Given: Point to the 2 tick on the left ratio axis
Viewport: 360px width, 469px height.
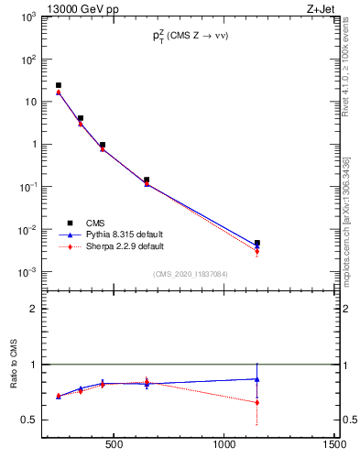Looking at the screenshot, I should coord(32,309).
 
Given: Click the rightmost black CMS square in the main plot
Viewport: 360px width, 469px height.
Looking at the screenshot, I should coord(257,243).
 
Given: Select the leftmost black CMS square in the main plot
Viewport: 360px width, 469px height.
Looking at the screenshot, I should coord(59,85).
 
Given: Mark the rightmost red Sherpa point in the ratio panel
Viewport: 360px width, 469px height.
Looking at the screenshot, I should coord(257,402).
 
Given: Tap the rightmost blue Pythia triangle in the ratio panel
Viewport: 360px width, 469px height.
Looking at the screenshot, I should coord(257,379).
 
